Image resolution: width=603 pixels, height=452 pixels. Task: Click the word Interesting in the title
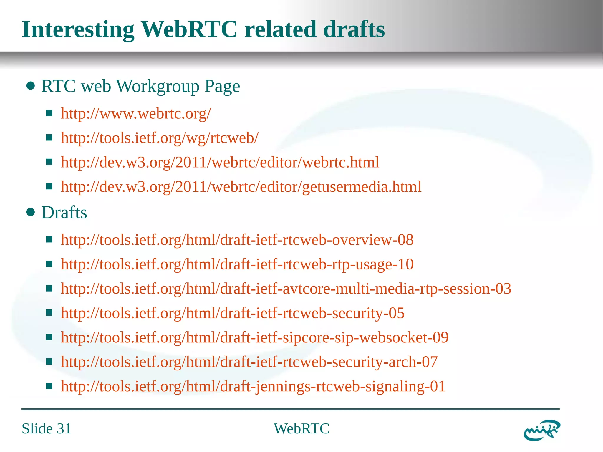(x=78, y=30)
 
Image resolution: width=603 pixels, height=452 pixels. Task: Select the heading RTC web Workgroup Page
(x=140, y=86)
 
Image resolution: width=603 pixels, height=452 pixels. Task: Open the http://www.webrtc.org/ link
(x=136, y=113)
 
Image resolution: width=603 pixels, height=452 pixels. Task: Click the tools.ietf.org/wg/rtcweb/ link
(x=160, y=138)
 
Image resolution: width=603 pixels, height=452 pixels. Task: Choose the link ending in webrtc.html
(x=220, y=162)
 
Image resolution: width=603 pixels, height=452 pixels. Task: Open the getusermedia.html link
(x=241, y=187)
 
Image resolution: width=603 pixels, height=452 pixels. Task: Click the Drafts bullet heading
(x=64, y=212)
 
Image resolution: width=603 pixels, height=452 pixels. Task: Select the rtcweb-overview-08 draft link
(x=237, y=240)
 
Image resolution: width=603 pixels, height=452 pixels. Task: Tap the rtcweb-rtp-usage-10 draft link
(x=237, y=264)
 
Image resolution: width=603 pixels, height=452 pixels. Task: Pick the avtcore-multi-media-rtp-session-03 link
(x=286, y=289)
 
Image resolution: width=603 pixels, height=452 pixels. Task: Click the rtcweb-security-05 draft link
(x=233, y=313)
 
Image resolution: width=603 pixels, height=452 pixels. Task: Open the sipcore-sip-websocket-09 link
(x=255, y=337)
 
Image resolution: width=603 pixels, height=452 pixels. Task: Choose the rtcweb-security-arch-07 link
(x=249, y=362)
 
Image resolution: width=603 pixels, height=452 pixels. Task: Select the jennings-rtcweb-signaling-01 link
(x=253, y=386)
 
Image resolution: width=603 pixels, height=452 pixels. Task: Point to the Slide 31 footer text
(x=47, y=428)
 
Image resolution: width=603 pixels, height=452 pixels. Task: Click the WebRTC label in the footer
(x=301, y=428)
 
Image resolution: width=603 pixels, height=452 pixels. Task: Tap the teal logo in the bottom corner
(x=542, y=430)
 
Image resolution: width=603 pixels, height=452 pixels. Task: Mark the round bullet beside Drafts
(x=31, y=212)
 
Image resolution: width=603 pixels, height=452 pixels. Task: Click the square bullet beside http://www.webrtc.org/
(x=49, y=113)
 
